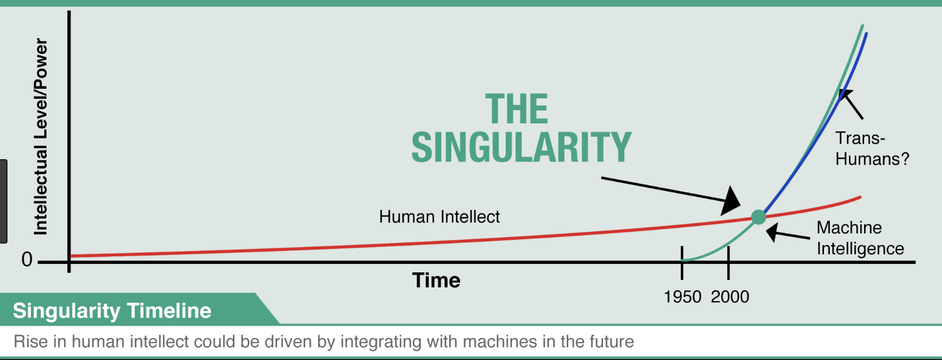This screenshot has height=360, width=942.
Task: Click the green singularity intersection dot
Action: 758,217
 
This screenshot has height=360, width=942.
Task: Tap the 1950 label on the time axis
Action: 682,296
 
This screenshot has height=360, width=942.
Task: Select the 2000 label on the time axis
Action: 730,296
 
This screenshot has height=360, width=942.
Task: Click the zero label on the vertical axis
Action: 27,260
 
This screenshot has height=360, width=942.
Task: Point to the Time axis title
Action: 436,280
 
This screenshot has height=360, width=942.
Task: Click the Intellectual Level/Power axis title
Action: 41,137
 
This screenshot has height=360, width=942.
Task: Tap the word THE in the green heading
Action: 516,109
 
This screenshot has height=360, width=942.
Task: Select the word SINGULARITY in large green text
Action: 521,147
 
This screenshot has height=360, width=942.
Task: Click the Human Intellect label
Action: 439,217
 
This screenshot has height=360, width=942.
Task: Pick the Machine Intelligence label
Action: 860,238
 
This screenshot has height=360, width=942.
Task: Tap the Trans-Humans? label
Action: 872,148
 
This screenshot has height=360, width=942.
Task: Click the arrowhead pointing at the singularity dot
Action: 731,201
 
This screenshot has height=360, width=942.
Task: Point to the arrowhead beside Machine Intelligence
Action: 773,233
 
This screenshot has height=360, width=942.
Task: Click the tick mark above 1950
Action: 682,262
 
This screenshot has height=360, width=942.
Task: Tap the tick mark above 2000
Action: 728,262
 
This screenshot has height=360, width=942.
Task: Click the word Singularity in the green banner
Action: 67,311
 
